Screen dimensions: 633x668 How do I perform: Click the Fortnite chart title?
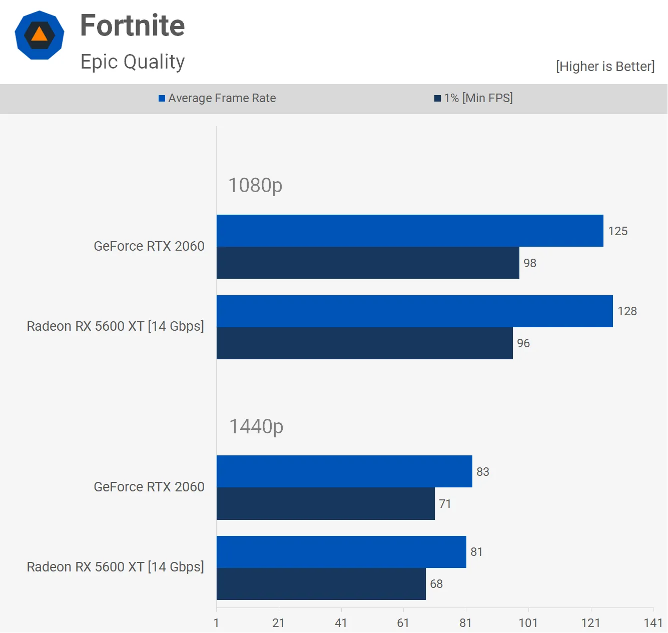click(x=133, y=26)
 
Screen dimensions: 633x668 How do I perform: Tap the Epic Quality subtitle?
click(x=133, y=62)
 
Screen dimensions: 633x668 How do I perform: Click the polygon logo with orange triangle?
click(x=40, y=35)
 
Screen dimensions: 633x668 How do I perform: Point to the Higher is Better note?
click(x=605, y=67)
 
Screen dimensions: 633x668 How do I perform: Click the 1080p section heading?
click(x=255, y=186)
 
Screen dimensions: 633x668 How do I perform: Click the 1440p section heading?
click(x=256, y=427)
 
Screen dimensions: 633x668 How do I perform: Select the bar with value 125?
click(x=410, y=231)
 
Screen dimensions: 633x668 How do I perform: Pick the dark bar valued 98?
click(x=368, y=263)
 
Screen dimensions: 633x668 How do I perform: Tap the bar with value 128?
click(x=414, y=311)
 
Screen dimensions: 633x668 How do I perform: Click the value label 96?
click(x=523, y=343)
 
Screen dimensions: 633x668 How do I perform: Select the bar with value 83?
click(x=344, y=471)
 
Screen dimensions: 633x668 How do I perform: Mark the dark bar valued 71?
click(x=325, y=504)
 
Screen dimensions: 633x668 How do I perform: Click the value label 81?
click(x=476, y=552)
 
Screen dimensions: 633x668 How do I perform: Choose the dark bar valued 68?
click(x=321, y=584)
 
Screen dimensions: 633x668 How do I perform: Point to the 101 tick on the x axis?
click(x=528, y=623)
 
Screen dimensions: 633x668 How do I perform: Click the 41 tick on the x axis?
click(x=341, y=623)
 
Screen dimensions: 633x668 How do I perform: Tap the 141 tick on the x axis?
click(x=653, y=623)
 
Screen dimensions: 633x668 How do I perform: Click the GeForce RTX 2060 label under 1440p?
click(x=149, y=487)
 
